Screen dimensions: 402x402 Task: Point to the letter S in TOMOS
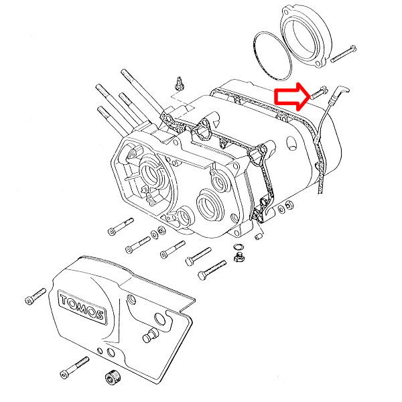pyautogui.click(x=98, y=315)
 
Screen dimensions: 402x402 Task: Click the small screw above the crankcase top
pyautogui.click(x=179, y=84)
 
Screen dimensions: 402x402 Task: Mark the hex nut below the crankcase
pyautogui.click(x=238, y=258)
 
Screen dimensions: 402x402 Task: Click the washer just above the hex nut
pyautogui.click(x=237, y=247)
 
